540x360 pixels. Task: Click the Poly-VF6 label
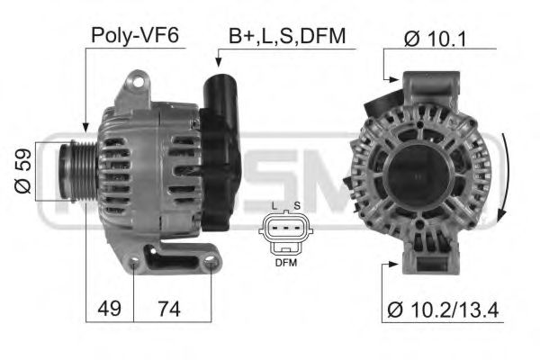pyautogui.click(x=135, y=36)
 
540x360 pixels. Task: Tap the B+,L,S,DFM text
pyautogui.click(x=286, y=36)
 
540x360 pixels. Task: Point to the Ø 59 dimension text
pyautogui.click(x=24, y=172)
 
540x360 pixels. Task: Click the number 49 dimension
pyautogui.click(x=109, y=309)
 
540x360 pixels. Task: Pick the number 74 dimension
pyautogui.click(x=169, y=309)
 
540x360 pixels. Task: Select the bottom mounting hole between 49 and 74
pyautogui.click(x=133, y=264)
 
